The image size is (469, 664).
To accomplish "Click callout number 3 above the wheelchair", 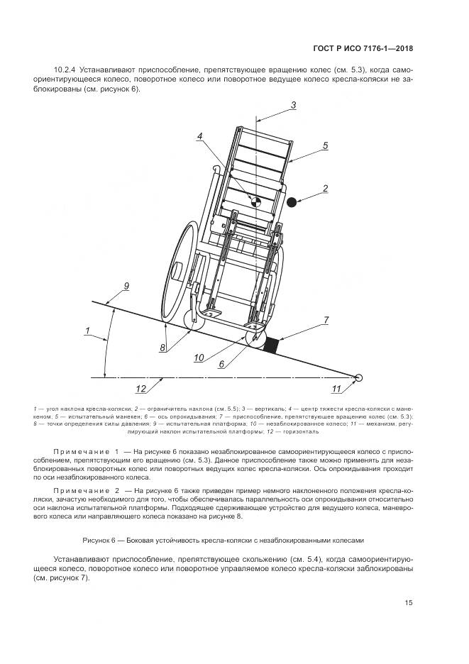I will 293,106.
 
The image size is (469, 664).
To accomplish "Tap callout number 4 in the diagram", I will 201,135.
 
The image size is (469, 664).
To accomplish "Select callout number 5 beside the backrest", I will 325,145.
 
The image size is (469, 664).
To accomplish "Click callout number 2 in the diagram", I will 325,188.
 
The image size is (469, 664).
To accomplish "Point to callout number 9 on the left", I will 126,285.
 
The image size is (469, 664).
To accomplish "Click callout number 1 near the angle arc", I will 87,330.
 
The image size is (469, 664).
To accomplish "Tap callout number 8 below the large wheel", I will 162,347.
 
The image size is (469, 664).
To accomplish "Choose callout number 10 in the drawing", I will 199,356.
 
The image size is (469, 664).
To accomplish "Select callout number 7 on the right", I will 326,321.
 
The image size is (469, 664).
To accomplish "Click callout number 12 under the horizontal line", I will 140,388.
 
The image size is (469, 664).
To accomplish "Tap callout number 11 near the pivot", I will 336,388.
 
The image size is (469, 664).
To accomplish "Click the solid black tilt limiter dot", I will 291,202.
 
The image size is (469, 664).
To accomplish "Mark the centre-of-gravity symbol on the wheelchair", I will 257,201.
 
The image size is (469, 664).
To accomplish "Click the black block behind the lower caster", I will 270,344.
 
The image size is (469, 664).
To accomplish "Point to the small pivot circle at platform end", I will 359,378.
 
